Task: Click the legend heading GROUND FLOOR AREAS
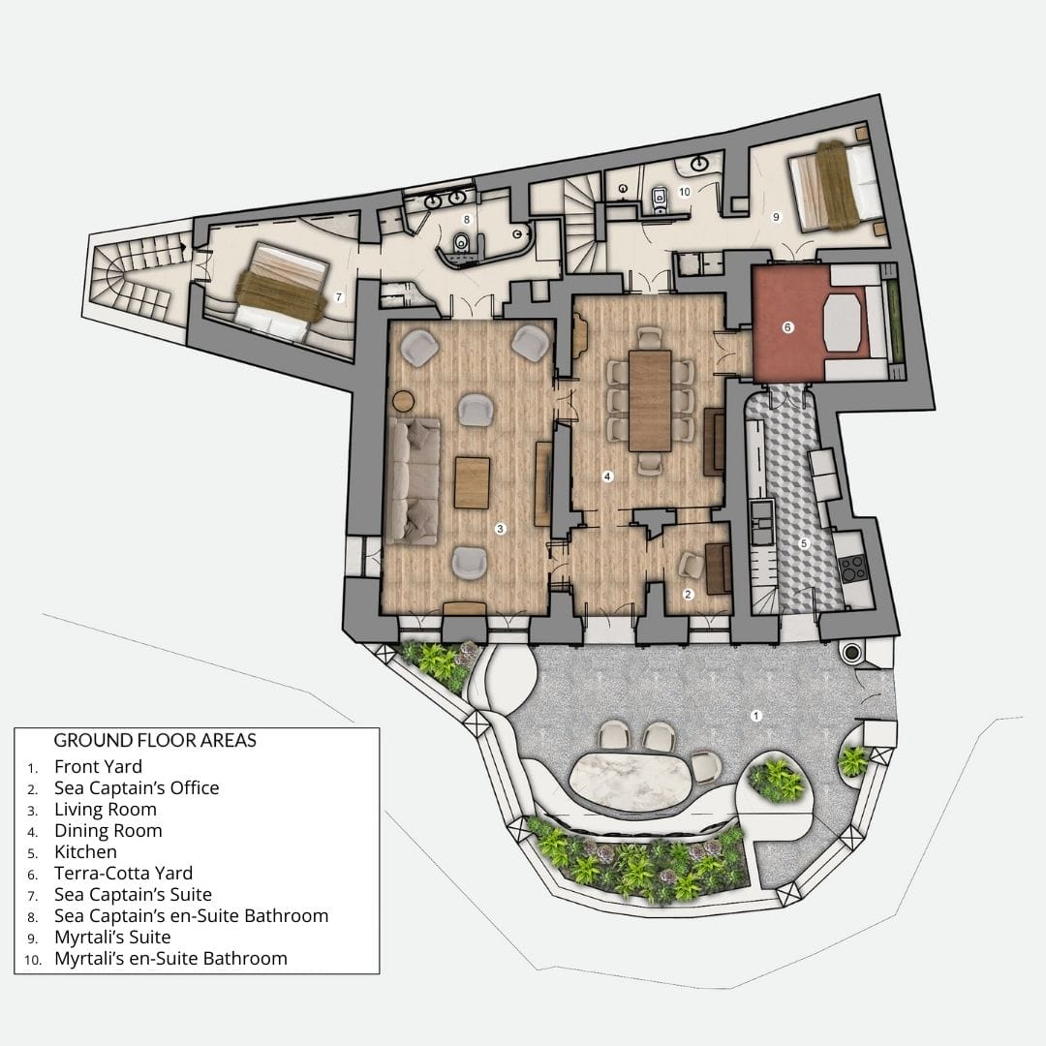pos(155,741)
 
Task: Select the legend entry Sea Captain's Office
pos(137,787)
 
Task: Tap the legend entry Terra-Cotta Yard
pos(123,873)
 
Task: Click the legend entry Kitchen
pos(85,851)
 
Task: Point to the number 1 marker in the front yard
pos(757,715)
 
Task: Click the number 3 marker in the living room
pos(499,529)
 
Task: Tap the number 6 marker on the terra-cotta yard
pos(787,328)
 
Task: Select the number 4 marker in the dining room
pos(607,476)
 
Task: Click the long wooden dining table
pos(649,399)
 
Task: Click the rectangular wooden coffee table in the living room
pos(473,481)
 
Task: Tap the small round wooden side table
pos(403,400)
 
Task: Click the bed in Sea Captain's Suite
pos(280,292)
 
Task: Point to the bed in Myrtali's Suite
pos(836,185)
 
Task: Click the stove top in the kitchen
pos(852,568)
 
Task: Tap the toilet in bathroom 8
pos(463,242)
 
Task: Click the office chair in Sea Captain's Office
pos(691,564)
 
